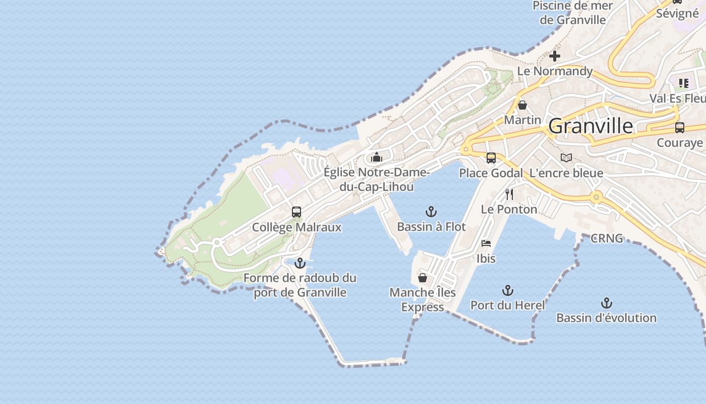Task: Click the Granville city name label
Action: [x=590, y=126]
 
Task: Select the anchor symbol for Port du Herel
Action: [x=508, y=290]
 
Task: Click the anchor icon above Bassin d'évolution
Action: [x=607, y=303]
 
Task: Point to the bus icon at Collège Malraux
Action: [x=297, y=212]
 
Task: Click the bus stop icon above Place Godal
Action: [x=491, y=158]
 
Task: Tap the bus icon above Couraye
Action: [x=679, y=128]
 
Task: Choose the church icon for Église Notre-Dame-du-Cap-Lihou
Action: [x=377, y=158]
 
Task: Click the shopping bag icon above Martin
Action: [x=522, y=105]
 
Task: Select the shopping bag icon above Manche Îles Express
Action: [x=423, y=278]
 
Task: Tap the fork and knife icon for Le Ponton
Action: [x=509, y=194]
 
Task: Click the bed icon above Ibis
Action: [x=486, y=243]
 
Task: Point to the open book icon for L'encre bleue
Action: [x=566, y=158]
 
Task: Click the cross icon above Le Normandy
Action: [x=555, y=56]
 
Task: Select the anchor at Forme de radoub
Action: [x=300, y=263]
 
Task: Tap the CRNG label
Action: [x=607, y=238]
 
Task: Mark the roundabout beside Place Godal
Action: [x=465, y=149]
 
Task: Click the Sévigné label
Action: [x=677, y=13]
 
